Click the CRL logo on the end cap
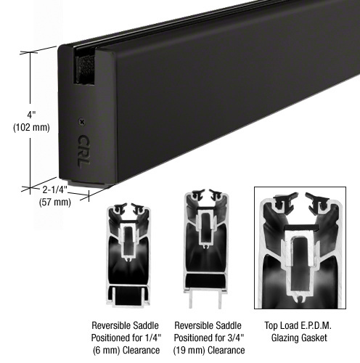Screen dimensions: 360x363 tap(83, 150)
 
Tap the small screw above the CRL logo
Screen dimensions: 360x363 tap(82, 122)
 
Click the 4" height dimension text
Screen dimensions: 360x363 tap(31, 115)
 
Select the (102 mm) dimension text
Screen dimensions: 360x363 tap(31, 127)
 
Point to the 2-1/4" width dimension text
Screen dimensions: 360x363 tap(55, 190)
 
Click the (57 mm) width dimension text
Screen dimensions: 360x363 tap(55, 202)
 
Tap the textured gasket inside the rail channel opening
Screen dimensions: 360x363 tap(85, 70)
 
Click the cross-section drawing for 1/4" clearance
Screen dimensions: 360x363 tap(128, 255)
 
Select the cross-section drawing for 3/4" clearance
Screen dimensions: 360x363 tap(206, 249)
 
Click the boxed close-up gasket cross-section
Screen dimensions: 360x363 tap(300, 248)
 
